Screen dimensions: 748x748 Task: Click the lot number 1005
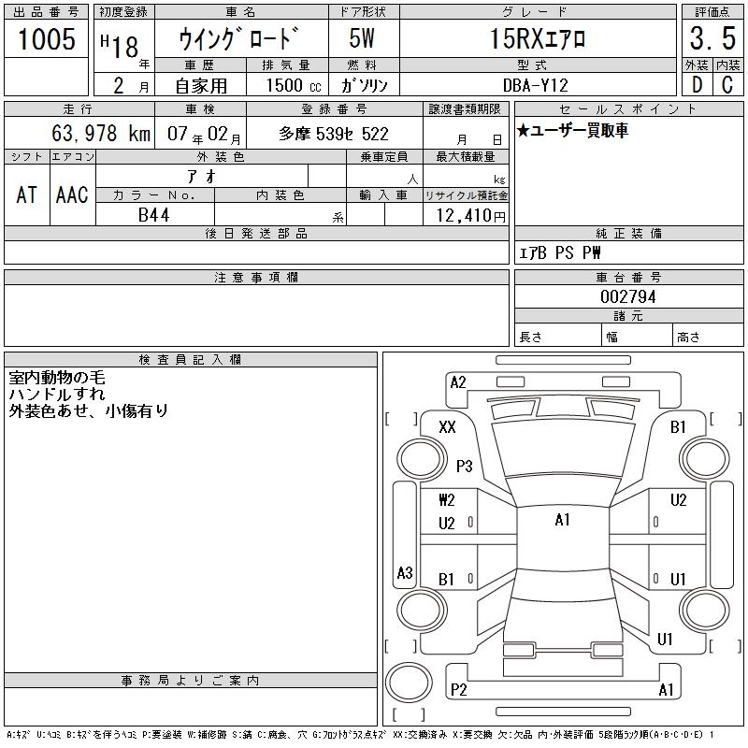click(47, 38)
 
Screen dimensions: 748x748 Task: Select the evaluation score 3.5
click(712, 38)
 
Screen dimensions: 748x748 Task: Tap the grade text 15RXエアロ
click(538, 38)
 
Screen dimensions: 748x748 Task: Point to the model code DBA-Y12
click(536, 85)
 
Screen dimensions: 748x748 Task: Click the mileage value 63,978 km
click(101, 133)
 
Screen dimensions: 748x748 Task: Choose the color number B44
click(153, 215)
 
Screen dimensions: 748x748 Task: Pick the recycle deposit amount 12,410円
click(470, 216)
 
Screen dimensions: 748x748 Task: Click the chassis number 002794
click(628, 296)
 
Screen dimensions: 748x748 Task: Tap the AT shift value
click(27, 194)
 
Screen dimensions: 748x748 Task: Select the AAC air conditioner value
click(72, 194)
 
